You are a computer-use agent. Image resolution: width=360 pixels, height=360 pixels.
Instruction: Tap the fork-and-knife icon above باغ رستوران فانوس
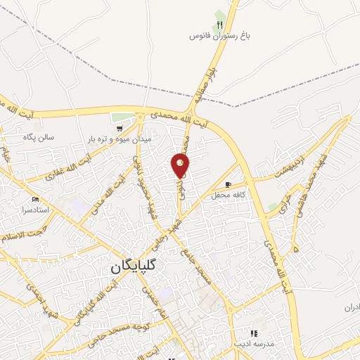point(219,25)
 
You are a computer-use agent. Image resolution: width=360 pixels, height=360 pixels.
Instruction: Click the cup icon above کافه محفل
point(227,184)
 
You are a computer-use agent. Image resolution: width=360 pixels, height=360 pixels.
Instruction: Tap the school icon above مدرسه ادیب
point(254,333)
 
